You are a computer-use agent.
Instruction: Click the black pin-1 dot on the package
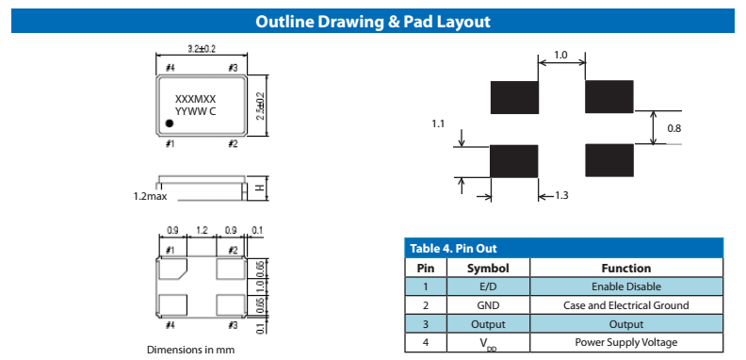point(169,123)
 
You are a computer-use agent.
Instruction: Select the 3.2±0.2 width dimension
point(201,49)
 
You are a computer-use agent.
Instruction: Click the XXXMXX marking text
point(196,99)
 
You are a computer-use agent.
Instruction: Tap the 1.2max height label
point(151,196)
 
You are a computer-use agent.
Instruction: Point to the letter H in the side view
point(260,188)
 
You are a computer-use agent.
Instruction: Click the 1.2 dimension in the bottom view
point(202,232)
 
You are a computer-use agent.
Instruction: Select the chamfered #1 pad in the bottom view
point(173,269)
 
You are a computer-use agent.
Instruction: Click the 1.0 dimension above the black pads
point(561,55)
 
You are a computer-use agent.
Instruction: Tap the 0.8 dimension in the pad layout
point(674,128)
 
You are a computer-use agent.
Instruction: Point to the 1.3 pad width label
point(561,195)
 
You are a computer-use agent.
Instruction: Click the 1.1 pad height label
point(438,123)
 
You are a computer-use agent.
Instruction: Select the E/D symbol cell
point(488,286)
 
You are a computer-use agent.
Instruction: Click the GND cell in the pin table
point(488,305)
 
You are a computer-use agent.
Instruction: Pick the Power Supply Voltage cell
point(626,342)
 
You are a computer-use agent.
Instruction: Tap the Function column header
point(626,268)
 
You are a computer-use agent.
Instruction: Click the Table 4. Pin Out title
point(453,248)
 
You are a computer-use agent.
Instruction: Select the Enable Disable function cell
point(626,286)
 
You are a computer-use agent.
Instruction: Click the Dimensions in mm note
point(190,350)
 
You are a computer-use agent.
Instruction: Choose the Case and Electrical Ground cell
point(626,305)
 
